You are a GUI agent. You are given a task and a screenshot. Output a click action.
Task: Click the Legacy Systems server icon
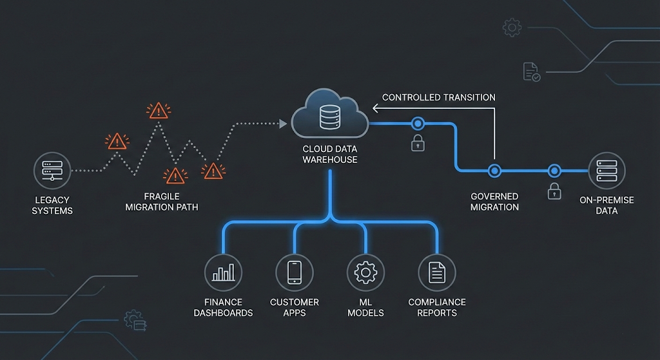tap(52, 171)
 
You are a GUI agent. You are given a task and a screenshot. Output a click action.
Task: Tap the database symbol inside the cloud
tap(329, 117)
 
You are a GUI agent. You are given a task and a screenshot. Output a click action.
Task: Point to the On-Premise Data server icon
tap(607, 171)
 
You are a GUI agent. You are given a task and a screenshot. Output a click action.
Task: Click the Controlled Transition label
tap(439, 97)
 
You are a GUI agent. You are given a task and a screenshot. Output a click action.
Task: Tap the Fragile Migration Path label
tap(162, 202)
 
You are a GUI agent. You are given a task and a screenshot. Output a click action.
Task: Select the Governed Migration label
tap(494, 202)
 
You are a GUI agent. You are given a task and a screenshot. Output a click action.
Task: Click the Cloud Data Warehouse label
tap(330, 154)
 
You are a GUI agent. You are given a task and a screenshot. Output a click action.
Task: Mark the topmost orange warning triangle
tap(157, 110)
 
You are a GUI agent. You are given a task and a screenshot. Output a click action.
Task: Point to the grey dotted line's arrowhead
tap(283, 124)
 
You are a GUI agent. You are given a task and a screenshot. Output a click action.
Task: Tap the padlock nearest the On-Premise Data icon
tap(553, 191)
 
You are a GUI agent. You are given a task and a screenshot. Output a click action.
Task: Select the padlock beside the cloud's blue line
tap(418, 143)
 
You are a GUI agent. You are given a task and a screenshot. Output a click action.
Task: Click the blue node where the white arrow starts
tap(494, 171)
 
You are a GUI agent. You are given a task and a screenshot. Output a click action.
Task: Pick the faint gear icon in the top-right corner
tap(512, 27)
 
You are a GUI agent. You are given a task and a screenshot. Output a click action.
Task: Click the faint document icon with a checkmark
tap(531, 71)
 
